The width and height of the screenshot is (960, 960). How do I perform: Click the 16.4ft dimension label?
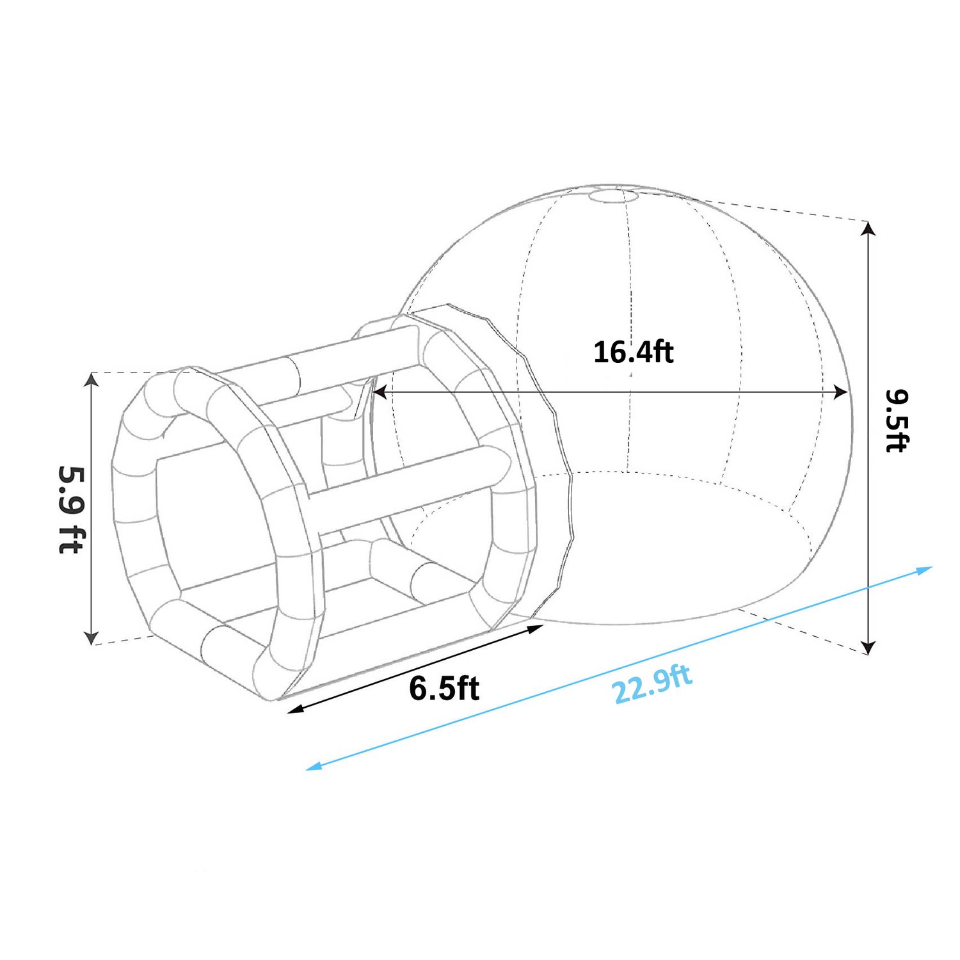pyautogui.click(x=633, y=353)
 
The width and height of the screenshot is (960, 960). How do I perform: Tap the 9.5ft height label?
pyautogui.click(x=897, y=420)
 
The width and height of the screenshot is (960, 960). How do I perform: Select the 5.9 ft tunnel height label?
pyautogui.click(x=71, y=509)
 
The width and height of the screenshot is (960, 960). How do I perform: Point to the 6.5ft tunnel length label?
pyautogui.click(x=444, y=689)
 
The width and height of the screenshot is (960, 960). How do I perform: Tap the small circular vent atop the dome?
pyautogui.click(x=612, y=195)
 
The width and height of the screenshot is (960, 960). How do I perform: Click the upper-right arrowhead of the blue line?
pyautogui.click(x=925, y=570)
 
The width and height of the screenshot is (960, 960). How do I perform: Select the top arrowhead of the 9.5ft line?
pyautogui.click(x=868, y=228)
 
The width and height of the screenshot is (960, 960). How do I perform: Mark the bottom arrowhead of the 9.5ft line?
pyautogui.click(x=868, y=647)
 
